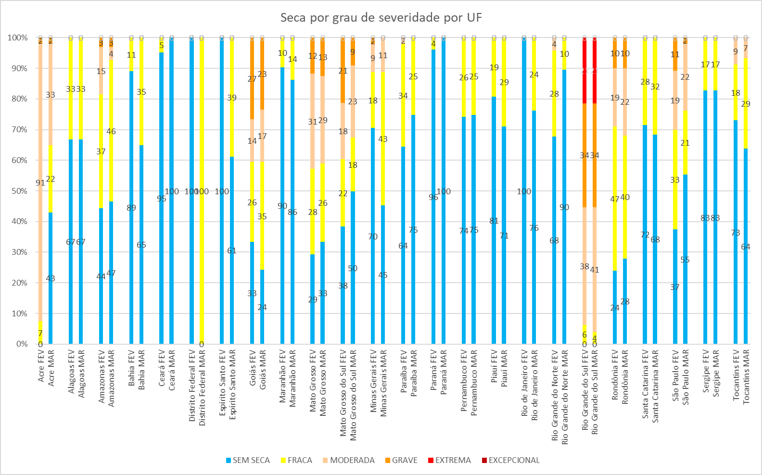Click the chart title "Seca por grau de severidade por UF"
[x=381, y=18]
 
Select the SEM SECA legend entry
[x=247, y=460]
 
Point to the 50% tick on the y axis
[x=18, y=191]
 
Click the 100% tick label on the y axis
[x=17, y=37]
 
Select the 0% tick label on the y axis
[x=22, y=344]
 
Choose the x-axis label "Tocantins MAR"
[x=746, y=377]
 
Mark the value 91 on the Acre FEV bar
[x=40, y=183]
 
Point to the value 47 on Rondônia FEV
[x=614, y=199]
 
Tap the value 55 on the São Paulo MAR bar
[x=685, y=260]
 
